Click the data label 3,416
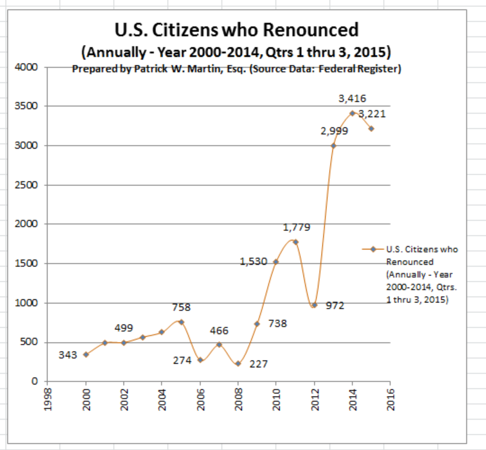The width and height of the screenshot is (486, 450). (352, 98)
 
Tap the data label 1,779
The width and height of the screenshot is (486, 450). (296, 227)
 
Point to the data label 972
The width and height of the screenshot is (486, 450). (335, 305)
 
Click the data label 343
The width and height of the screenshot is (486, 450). (68, 355)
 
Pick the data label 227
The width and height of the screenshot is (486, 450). (258, 364)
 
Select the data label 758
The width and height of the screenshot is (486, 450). (181, 307)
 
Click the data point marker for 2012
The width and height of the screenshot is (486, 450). (314, 305)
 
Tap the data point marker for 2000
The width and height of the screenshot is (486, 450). (86, 354)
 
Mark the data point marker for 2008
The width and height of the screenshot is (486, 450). (238, 364)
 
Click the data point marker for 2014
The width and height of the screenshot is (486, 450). (352, 113)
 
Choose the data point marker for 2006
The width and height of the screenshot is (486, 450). (200, 360)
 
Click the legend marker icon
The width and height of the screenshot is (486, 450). (373, 249)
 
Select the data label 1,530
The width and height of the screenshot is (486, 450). (253, 262)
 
